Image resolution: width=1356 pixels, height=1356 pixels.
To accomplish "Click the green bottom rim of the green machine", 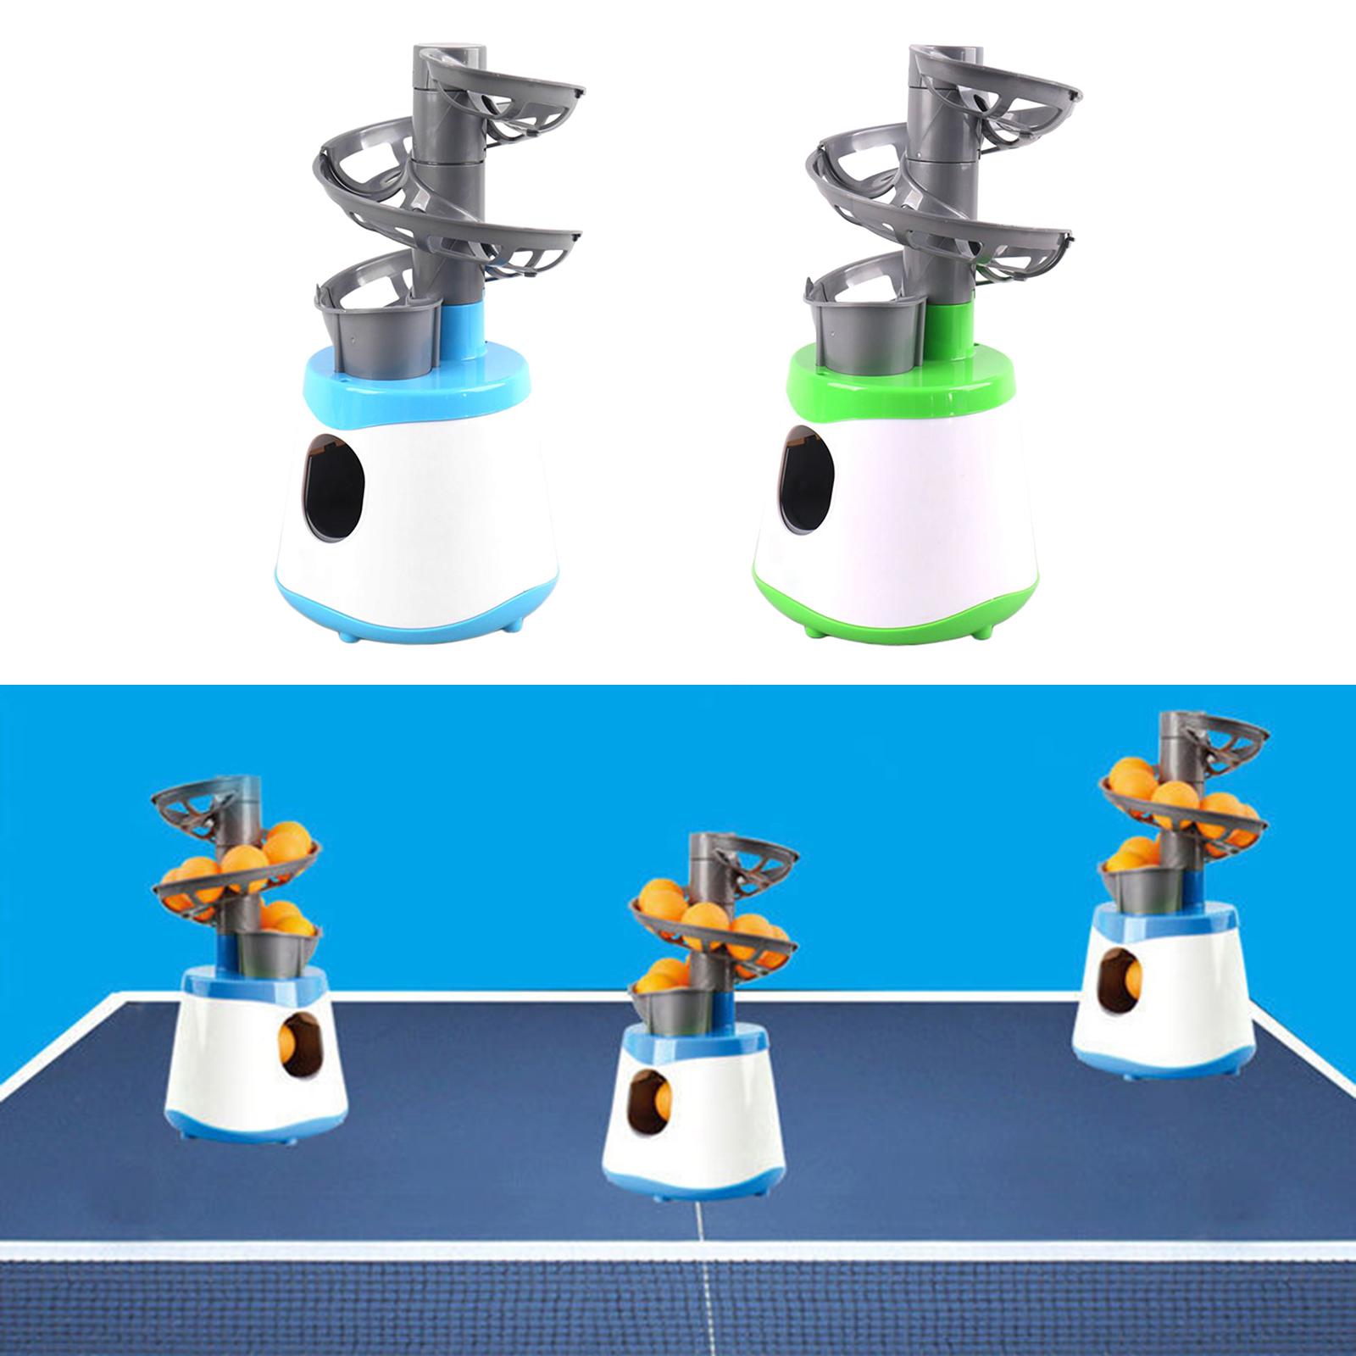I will pyautogui.click(x=890, y=614).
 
